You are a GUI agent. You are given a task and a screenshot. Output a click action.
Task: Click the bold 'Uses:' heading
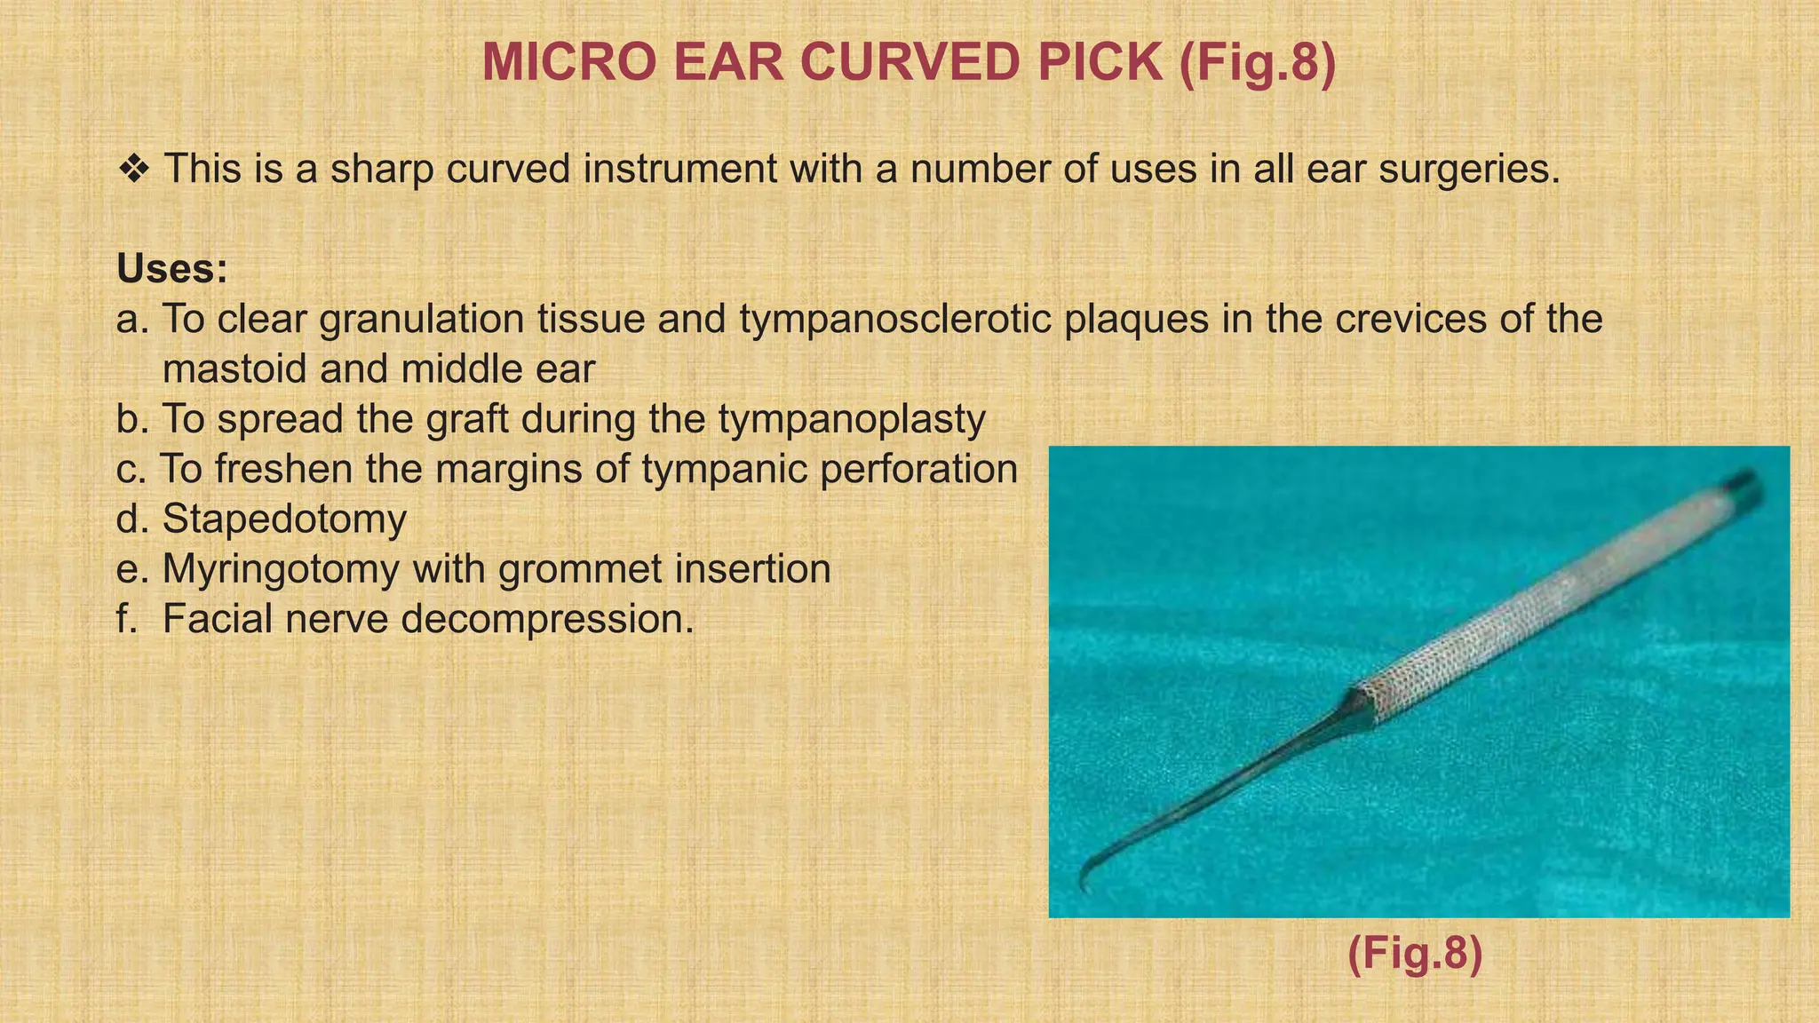click(172, 269)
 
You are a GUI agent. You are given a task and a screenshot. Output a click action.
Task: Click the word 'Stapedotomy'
click(284, 519)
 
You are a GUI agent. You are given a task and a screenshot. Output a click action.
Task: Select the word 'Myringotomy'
click(281, 569)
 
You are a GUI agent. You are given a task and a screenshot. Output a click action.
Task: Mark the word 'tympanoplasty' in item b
click(852, 419)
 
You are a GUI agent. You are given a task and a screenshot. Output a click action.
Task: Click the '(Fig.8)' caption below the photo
click(1415, 954)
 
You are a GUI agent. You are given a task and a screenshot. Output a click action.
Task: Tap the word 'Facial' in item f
click(217, 619)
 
